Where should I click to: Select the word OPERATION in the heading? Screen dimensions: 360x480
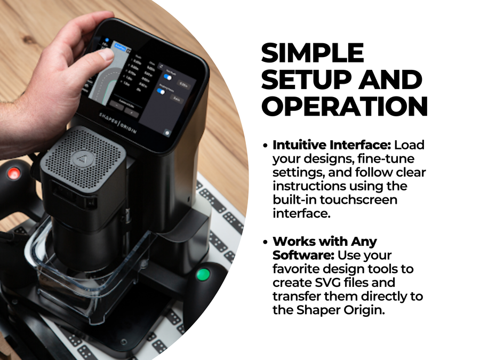(x=345, y=107)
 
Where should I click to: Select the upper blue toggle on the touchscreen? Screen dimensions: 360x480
(x=161, y=78)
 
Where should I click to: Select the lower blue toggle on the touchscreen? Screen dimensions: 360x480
(x=159, y=92)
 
